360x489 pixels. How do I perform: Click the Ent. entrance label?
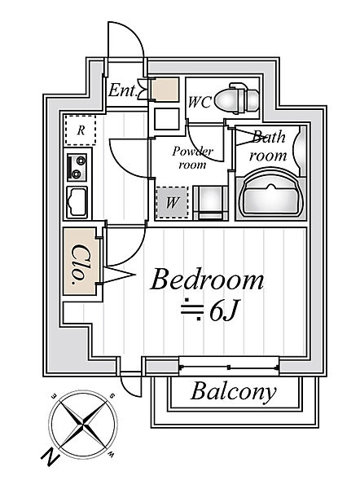[123, 90]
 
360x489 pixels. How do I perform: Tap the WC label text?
[200, 102]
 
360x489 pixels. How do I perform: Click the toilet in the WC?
[237, 99]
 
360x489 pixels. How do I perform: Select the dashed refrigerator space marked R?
[81, 130]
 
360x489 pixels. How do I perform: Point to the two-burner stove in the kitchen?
[77, 167]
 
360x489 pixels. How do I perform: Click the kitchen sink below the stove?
[77, 202]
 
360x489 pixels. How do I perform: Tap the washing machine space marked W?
[172, 202]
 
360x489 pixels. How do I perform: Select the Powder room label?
[192, 158]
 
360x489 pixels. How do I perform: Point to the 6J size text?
[223, 311]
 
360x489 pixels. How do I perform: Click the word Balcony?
[234, 392]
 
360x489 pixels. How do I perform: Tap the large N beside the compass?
[50, 457]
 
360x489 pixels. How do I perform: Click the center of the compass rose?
[83, 424]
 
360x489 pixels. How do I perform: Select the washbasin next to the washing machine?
[211, 203]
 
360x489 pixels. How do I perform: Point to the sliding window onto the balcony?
[229, 367]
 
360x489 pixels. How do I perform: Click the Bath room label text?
[268, 146]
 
